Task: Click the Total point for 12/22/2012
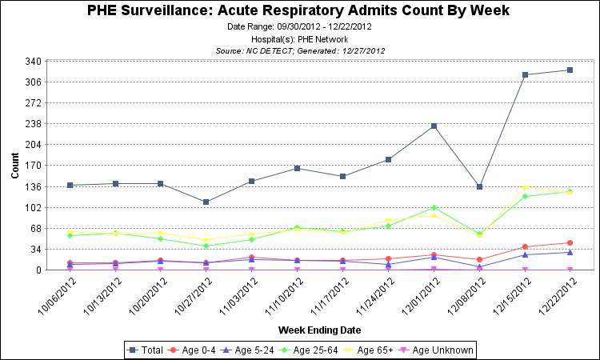pyautogui.click(x=570, y=70)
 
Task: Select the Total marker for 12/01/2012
pyautogui.click(x=434, y=126)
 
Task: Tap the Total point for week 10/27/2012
pyautogui.click(x=206, y=202)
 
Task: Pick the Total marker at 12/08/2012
pyautogui.click(x=479, y=186)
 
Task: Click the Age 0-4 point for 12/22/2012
pyautogui.click(x=570, y=242)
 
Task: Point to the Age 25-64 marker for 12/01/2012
pyautogui.click(x=434, y=208)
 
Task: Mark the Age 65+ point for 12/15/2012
pyautogui.click(x=525, y=188)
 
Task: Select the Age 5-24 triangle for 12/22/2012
pyautogui.click(x=570, y=252)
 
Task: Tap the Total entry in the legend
pyautogui.click(x=147, y=350)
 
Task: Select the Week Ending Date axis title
pyautogui.click(x=319, y=330)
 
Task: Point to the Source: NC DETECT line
pyautogui.click(x=301, y=50)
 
